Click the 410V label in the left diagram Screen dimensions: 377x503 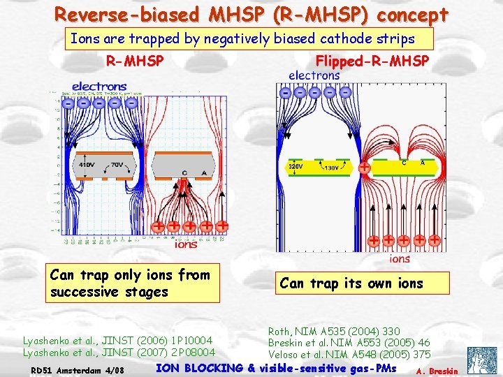pos(87,165)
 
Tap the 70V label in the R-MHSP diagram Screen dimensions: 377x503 pos(117,165)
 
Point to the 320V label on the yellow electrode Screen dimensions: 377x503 pos(296,168)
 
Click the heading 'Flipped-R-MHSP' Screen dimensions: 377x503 pos(372,61)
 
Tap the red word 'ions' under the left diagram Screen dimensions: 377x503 pos(185,244)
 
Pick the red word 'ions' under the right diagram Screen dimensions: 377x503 pos(400,258)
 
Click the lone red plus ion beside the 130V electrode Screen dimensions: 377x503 pos(365,168)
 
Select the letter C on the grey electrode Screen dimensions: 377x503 pos(184,172)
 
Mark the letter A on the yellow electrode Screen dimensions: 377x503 pos(422,163)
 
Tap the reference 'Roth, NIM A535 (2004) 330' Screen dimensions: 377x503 pos(334,331)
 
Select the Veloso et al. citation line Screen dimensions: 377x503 pos(349,354)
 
